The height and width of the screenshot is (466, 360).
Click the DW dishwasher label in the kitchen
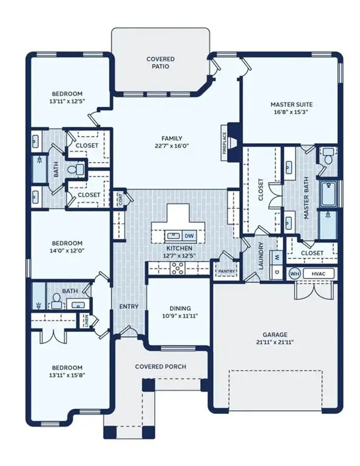(189, 236)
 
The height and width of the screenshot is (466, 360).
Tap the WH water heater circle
(294, 274)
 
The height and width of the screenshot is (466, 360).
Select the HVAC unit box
(319, 274)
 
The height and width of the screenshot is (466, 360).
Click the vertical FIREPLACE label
(225, 143)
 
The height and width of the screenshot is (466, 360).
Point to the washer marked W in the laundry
(277, 257)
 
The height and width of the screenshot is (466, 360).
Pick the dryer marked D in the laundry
(277, 272)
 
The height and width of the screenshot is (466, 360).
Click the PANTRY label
(226, 271)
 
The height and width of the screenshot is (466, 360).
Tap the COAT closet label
(120, 198)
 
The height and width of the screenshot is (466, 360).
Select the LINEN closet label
(86, 321)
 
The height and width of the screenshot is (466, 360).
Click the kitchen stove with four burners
(177, 268)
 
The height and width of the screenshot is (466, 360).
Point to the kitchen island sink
(173, 236)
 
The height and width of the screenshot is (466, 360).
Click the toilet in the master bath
(328, 157)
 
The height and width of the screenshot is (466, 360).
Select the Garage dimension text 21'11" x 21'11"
(275, 342)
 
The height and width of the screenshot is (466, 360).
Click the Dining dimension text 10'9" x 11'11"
(180, 316)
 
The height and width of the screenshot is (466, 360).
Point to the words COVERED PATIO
(160, 62)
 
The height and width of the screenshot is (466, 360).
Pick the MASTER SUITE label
(291, 104)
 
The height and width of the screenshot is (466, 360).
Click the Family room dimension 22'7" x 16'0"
(172, 146)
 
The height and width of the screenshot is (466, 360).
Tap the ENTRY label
(129, 306)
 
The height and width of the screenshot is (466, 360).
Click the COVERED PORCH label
(160, 366)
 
